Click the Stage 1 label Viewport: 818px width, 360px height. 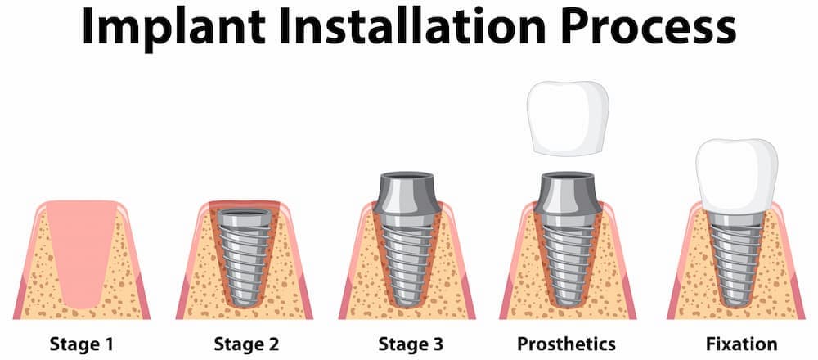point(81,344)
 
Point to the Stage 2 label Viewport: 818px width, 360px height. point(246,344)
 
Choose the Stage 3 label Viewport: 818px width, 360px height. point(411,344)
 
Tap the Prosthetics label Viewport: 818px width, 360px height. point(566,344)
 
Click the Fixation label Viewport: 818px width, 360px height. point(741,344)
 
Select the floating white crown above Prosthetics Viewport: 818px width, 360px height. point(568,119)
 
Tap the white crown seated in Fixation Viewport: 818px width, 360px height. point(737,175)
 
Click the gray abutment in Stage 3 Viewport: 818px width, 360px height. point(407,193)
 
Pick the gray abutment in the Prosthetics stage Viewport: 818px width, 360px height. point(569,193)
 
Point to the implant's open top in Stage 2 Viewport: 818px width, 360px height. point(244,214)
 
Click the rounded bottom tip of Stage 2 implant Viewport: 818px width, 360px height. point(244,302)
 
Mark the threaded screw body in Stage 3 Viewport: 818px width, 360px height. point(407,260)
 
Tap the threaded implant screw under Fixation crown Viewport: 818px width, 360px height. point(737,260)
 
